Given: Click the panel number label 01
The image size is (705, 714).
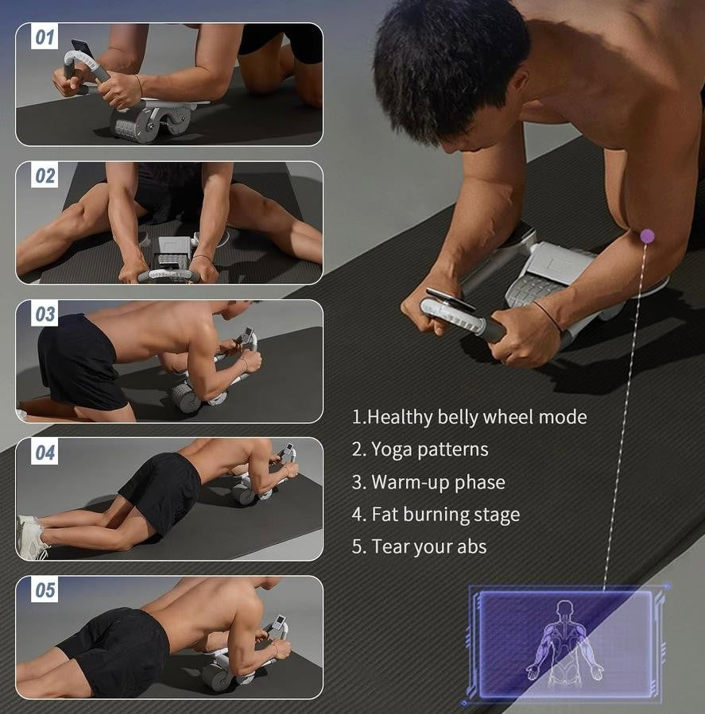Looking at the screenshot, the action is (x=45, y=37).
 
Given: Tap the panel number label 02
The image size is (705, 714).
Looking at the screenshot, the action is (x=45, y=176).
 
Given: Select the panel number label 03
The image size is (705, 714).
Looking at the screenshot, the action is (x=45, y=315).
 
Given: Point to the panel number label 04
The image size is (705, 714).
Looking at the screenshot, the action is (x=45, y=453).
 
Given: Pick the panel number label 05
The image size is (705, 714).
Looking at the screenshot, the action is (x=45, y=590).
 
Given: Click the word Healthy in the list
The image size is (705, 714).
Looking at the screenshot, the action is (x=400, y=418).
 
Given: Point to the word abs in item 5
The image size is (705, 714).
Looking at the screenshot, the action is (x=471, y=547).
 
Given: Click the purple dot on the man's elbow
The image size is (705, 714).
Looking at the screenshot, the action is (x=647, y=236).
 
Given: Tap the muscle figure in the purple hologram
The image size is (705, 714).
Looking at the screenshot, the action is (x=565, y=641).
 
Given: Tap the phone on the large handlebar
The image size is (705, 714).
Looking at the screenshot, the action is (x=450, y=300).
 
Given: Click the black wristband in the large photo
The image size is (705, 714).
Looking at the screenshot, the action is (x=548, y=315).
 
